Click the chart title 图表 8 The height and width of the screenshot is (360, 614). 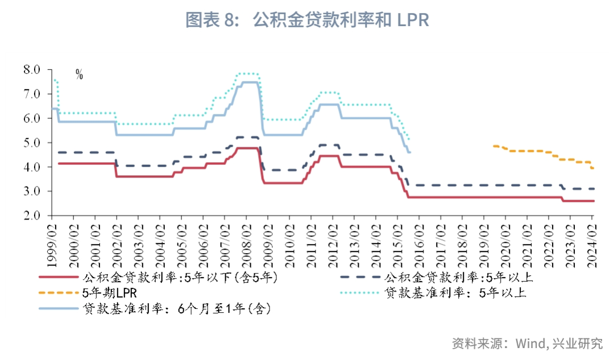pyautogui.click(x=307, y=20)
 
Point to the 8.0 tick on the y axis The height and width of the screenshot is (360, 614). pyautogui.click(x=31, y=69)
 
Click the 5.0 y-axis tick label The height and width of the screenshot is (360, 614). pyautogui.click(x=31, y=143)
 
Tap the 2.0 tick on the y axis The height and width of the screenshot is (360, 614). pyautogui.click(x=31, y=216)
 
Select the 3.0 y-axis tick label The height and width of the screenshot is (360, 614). pyautogui.click(x=31, y=192)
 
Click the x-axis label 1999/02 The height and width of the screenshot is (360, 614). pyautogui.click(x=52, y=245)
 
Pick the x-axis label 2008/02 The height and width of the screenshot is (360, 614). pyautogui.click(x=246, y=245)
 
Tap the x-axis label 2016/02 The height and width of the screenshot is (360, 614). pyautogui.click(x=419, y=245)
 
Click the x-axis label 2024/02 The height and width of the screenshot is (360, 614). pyautogui.click(x=592, y=245)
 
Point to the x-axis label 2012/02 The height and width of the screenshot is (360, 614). pyautogui.click(x=333, y=245)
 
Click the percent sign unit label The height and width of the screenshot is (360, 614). pyautogui.click(x=79, y=75)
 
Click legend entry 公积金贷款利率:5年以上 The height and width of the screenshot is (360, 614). pyautogui.click(x=458, y=278)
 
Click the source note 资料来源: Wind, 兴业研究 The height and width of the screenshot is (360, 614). pyautogui.click(x=527, y=344)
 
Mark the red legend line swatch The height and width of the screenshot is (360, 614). pyautogui.click(x=57, y=278)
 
